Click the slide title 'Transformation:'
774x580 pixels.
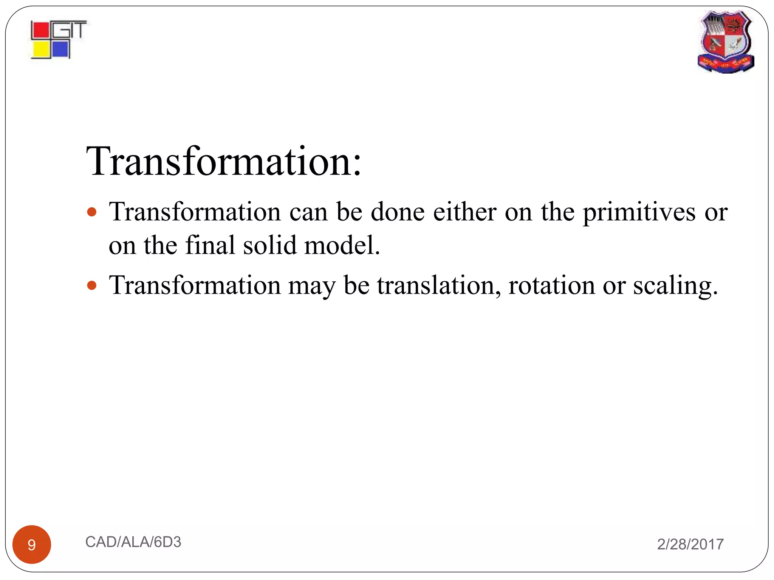coord(224,162)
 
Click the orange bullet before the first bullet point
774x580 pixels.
coord(92,211)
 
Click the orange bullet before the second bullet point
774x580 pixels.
coord(92,285)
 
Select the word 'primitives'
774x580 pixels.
coord(639,213)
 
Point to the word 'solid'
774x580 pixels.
coord(270,245)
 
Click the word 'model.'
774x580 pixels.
coord(342,245)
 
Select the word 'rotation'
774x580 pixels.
coord(551,285)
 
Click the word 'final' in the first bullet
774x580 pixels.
coord(210,245)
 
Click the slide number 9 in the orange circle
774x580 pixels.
coord(32,545)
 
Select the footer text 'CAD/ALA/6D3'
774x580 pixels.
coord(133,542)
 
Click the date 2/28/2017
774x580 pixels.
coord(690,544)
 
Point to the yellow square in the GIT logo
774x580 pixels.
coord(41,50)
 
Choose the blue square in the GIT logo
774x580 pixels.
coord(60,49)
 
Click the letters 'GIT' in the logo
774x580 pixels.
coord(70,29)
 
